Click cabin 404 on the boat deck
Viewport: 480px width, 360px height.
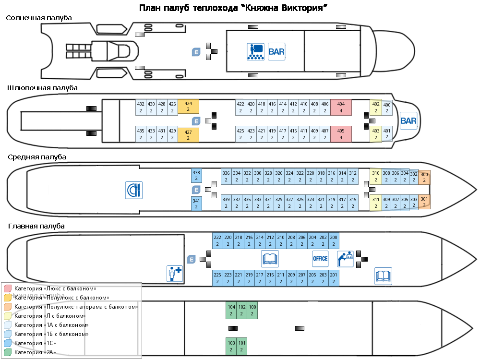(341, 107)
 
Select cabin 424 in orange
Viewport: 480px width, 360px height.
(188, 107)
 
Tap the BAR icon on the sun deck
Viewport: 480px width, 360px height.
(276, 51)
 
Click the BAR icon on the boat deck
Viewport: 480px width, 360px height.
(408, 121)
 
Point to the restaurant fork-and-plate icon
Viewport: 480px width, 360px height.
(133, 190)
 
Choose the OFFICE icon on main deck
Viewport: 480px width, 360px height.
(320, 259)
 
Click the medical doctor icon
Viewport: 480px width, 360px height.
(174, 273)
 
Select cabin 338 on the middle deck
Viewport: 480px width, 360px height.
(196, 176)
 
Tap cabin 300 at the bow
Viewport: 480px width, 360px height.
(424, 178)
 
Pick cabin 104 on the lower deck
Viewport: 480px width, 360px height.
(231, 310)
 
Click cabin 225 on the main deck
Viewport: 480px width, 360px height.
(217, 278)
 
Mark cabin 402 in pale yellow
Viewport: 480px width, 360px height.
(376, 107)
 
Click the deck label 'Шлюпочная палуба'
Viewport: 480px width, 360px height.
(42, 88)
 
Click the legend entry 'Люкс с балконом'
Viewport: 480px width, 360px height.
(55, 288)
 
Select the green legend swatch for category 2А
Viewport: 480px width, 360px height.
(8, 352)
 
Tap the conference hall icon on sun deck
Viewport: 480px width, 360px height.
(256, 51)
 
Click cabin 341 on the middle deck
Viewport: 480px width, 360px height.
(196, 204)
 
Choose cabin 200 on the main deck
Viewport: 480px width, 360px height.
(334, 240)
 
